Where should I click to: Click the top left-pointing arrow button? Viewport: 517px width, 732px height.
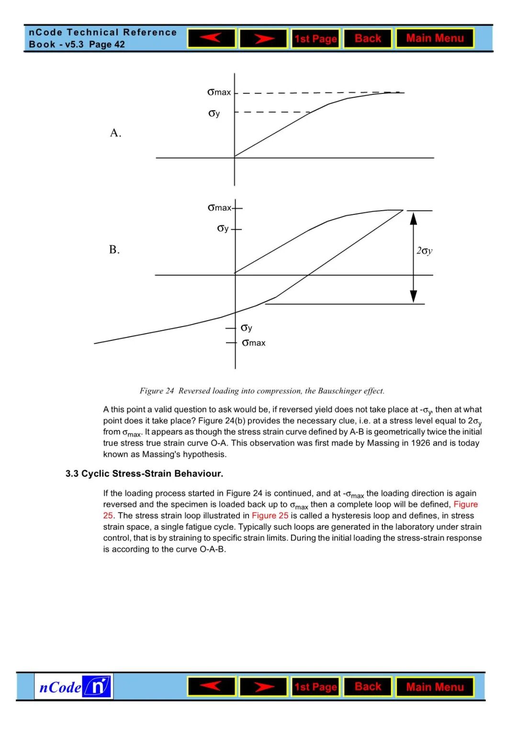point(211,38)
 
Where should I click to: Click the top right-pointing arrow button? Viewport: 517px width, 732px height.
point(263,38)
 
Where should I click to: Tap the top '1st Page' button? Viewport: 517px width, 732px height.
point(315,39)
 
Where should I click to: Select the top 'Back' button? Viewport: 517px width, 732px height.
point(368,38)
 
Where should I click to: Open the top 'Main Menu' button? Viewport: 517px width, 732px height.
point(435,38)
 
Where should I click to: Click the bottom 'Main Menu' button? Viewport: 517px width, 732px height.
point(435,687)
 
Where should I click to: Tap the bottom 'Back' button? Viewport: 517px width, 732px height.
point(368,687)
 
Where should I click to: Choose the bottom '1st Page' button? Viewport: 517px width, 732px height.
point(315,687)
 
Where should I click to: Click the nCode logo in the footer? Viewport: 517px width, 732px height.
point(74,687)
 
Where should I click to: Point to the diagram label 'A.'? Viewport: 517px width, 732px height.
point(115,133)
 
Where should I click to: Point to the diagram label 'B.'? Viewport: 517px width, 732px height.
point(114,250)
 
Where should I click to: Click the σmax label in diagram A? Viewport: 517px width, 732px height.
point(219,92)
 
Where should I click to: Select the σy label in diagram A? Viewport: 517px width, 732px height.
point(214,113)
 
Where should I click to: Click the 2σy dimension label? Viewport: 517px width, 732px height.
point(424,250)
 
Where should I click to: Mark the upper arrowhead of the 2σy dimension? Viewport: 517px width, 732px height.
point(414,219)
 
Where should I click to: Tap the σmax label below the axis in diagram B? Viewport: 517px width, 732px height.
point(254,343)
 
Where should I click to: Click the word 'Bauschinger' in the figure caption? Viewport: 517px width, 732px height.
point(339,391)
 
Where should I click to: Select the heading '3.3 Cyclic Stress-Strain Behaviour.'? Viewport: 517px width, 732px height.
point(144,473)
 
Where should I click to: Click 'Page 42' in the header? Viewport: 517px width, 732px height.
point(107,45)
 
